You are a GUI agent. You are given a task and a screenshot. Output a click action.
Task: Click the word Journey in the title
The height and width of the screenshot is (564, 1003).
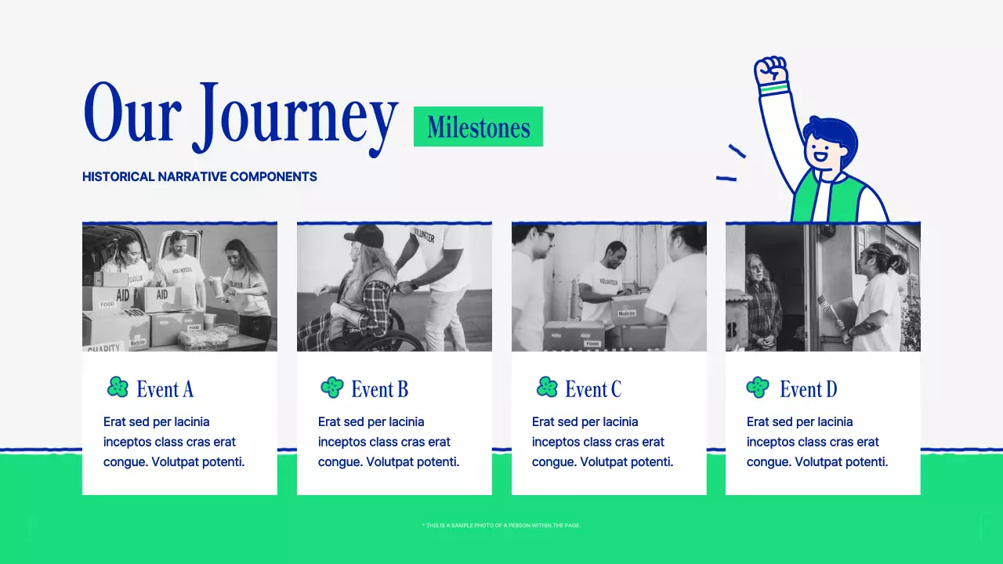[x=296, y=117]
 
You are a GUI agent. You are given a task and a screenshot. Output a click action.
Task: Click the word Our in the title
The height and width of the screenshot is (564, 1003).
[x=132, y=114]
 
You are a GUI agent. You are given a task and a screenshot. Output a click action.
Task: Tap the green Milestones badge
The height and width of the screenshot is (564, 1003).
[x=478, y=127]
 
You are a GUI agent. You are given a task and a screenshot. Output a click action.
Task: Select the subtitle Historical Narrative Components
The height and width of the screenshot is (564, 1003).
[x=200, y=177]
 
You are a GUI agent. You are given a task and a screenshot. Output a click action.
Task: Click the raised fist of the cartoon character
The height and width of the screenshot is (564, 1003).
[x=771, y=72]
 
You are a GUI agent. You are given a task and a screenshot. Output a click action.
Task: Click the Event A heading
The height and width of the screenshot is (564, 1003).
[x=165, y=389]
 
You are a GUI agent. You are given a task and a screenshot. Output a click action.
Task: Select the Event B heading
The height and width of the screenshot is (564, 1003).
[x=379, y=389]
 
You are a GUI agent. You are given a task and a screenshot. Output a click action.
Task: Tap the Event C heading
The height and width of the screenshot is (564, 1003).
[x=593, y=389]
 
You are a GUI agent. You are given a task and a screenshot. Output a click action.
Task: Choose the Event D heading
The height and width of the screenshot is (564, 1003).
[x=808, y=389]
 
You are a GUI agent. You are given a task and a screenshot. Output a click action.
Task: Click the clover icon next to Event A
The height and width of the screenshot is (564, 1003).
[x=118, y=387]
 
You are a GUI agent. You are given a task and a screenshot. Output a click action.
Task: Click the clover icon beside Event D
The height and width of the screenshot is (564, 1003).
[x=758, y=387]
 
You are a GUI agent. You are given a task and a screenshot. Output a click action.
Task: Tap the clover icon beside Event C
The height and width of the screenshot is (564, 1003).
[x=547, y=387]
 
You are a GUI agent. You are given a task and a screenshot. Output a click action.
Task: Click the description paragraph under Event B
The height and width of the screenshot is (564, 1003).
[x=389, y=442]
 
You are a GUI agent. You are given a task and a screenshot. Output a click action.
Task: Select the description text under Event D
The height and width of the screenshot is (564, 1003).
[x=817, y=442]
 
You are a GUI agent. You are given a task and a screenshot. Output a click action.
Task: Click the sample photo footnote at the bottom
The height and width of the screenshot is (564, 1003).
[x=501, y=526]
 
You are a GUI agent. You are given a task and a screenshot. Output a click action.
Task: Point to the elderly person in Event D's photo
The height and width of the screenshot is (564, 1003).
[x=762, y=302]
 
